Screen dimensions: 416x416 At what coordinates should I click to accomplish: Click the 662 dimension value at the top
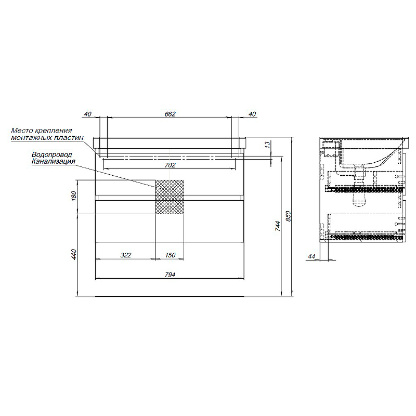click(170, 114)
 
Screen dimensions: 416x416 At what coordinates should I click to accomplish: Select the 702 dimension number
click(170, 165)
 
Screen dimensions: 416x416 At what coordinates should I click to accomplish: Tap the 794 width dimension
click(170, 275)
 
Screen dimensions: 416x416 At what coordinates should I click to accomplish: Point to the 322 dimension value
click(126, 255)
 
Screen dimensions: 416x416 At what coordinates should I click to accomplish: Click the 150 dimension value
click(170, 255)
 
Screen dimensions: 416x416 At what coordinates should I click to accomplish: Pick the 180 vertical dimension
click(74, 196)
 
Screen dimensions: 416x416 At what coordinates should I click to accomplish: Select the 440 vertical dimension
click(74, 254)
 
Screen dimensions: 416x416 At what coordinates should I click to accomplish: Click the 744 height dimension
click(278, 226)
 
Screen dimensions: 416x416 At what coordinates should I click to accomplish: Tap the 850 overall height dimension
click(289, 216)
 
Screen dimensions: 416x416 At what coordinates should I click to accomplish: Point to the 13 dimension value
click(267, 145)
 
